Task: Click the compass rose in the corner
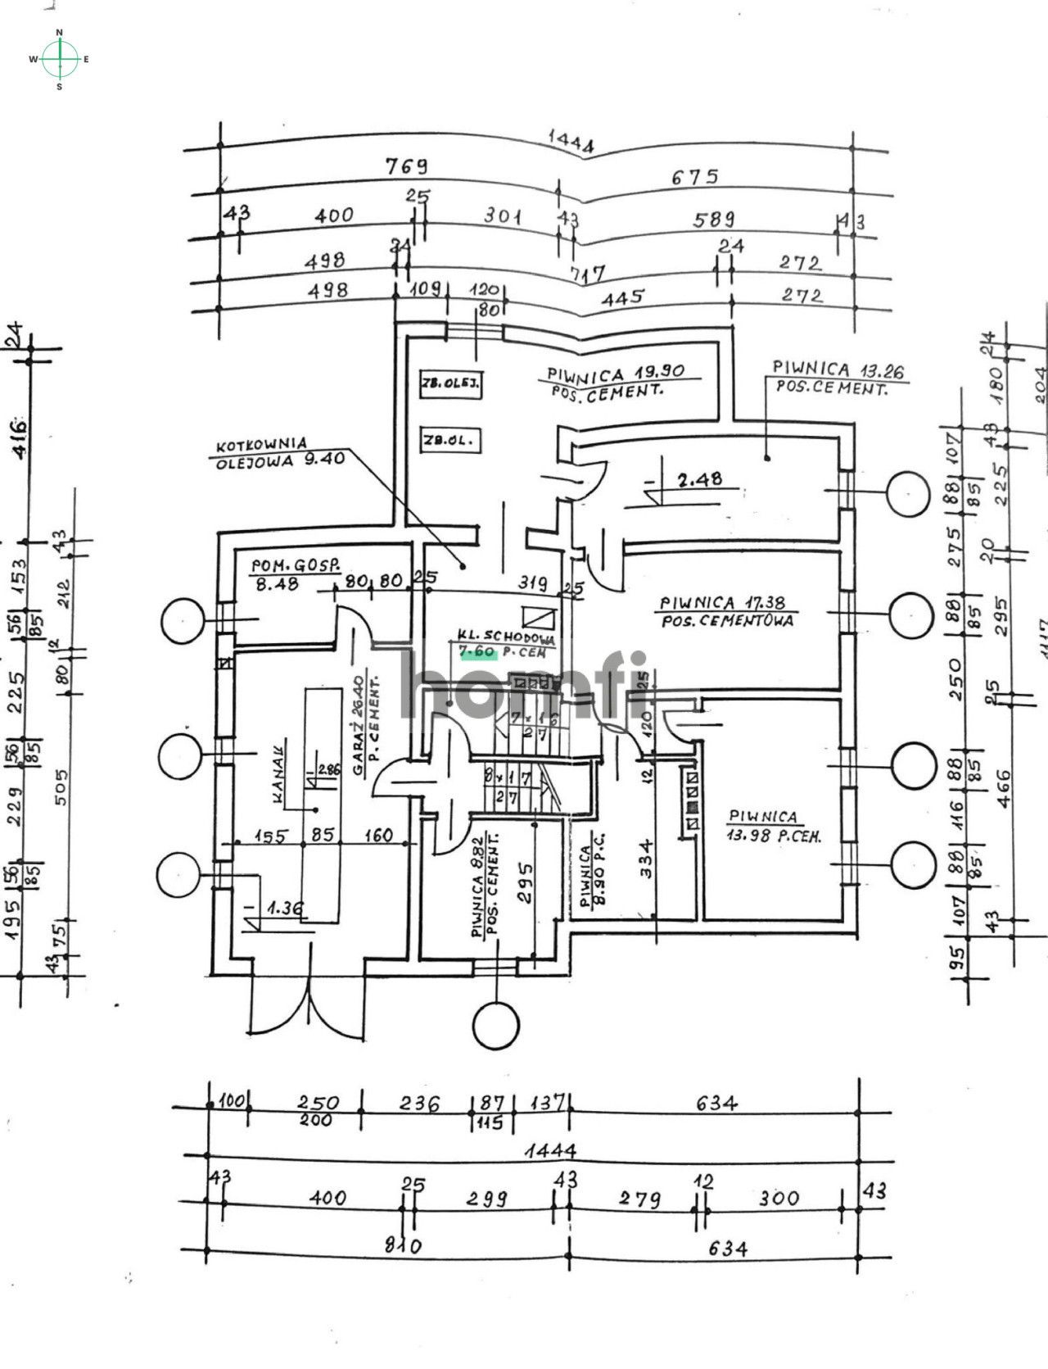tap(59, 59)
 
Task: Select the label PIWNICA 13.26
tap(838, 370)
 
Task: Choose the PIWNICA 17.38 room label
tap(726, 610)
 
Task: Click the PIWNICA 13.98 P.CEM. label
tap(774, 826)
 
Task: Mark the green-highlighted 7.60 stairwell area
tap(478, 652)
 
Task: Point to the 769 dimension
tap(406, 165)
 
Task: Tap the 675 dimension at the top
tap(694, 176)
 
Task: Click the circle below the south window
tap(496, 1025)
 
